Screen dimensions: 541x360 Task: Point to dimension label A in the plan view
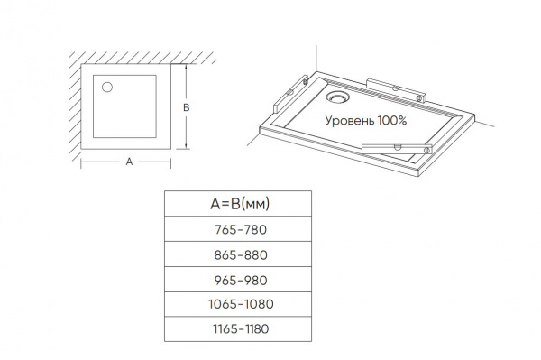tap(129, 162)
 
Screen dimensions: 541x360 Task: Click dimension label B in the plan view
tap(187, 107)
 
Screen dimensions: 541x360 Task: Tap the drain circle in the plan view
tap(107, 88)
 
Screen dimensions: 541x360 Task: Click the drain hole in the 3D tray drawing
tap(338, 97)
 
